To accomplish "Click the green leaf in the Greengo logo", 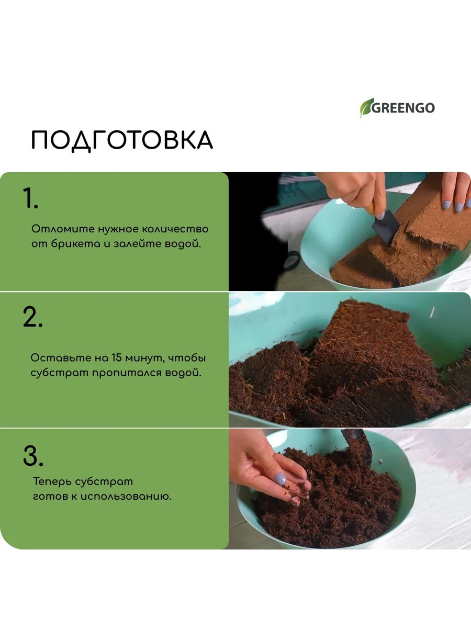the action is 366,107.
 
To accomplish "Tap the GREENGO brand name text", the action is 403,108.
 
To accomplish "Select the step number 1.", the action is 30,198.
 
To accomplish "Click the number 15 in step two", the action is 117,358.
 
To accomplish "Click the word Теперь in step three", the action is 52,482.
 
